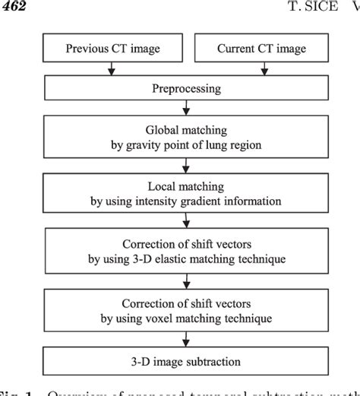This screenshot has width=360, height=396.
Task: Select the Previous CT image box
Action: click(x=112, y=49)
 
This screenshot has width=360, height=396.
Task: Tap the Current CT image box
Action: click(x=262, y=49)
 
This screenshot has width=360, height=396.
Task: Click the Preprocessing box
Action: click(x=187, y=88)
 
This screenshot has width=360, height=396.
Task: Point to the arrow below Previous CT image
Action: click(x=112, y=71)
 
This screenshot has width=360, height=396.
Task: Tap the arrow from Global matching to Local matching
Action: click(x=187, y=164)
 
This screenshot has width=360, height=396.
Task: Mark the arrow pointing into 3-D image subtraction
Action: click(x=187, y=337)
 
